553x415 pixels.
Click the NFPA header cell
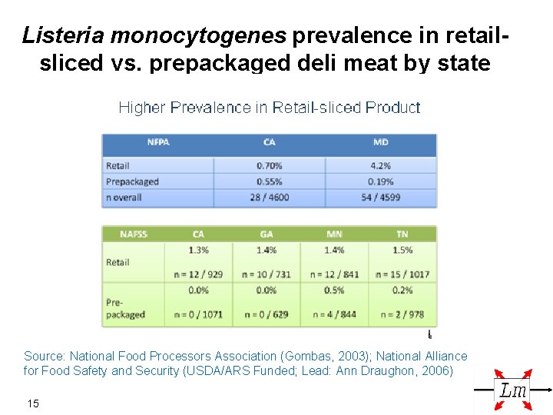158,142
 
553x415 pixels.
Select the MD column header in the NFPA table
380,142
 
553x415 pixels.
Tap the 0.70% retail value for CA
270,165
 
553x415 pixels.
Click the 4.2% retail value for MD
380,165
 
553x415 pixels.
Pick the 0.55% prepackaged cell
270,181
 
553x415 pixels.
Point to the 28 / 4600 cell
270,198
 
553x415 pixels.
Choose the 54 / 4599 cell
380,198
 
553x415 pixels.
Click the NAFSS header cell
134,234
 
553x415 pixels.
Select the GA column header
267,234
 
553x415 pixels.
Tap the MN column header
334,234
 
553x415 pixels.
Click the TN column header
402,234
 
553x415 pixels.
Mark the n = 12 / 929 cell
198,274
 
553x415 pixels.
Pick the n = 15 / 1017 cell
402,274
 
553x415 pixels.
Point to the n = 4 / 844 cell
334,314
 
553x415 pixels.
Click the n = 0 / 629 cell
267,314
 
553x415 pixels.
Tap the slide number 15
33,403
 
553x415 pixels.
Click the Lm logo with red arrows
513,390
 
